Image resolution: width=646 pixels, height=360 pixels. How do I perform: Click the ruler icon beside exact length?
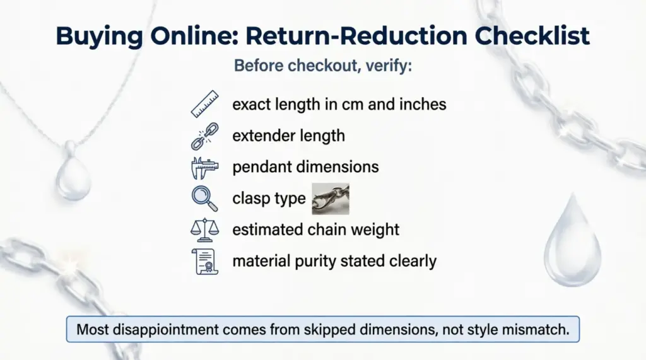coord(204,104)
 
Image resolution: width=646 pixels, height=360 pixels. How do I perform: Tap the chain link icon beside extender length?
coord(204,136)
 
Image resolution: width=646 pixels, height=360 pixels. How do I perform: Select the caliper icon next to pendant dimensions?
coord(204,168)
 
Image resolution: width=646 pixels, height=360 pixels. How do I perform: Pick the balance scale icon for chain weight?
coord(204,229)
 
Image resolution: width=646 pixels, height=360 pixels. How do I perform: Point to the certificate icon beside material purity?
coord(204,260)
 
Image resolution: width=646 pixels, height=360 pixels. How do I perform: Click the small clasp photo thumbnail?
coord(331,199)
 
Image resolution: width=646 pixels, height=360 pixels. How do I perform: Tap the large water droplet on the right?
coord(573,240)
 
